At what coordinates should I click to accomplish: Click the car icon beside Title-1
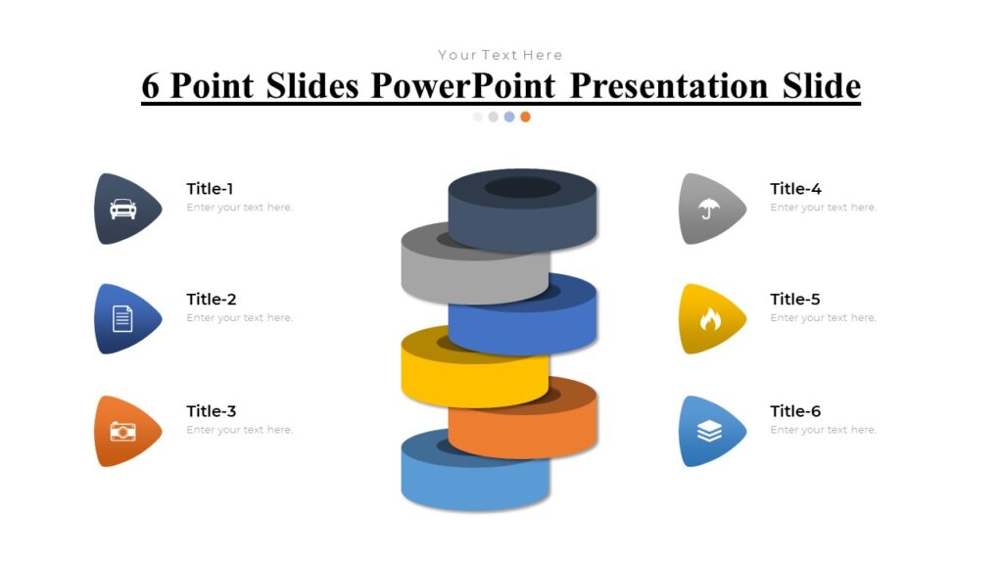(122, 209)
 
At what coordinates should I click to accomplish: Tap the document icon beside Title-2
(122, 318)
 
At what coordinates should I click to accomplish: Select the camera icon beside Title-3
(122, 431)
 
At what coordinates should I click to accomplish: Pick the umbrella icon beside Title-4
(707, 209)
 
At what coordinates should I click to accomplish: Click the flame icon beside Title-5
(708, 318)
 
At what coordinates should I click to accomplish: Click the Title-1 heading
(211, 189)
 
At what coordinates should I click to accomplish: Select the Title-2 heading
(212, 300)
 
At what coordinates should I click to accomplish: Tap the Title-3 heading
(212, 411)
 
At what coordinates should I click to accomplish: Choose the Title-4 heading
(795, 189)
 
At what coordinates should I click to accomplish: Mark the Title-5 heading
(795, 300)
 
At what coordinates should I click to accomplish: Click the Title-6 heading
(795, 411)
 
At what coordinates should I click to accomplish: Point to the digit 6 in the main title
(151, 86)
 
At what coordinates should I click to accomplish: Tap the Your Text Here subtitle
(501, 55)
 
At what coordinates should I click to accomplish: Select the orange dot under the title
(525, 117)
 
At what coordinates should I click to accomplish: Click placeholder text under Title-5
(823, 318)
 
